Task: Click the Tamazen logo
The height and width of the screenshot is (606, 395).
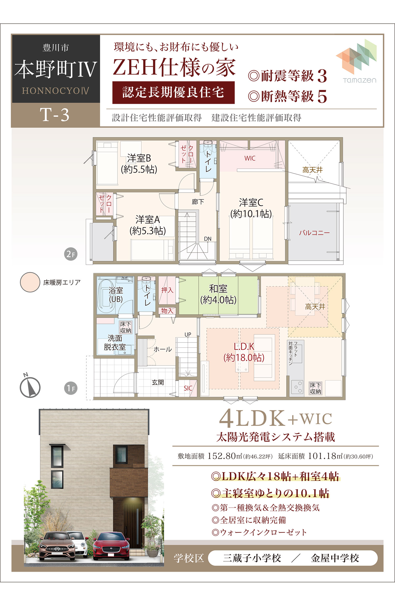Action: click(x=356, y=61)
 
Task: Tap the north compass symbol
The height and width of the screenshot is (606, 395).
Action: click(x=30, y=386)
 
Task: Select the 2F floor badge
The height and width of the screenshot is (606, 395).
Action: click(x=71, y=254)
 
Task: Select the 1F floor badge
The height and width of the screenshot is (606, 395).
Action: click(x=71, y=388)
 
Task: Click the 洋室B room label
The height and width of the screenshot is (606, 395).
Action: click(x=139, y=164)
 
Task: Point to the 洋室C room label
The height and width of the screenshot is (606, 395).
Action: click(x=251, y=208)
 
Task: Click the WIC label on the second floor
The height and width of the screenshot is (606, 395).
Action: click(x=250, y=158)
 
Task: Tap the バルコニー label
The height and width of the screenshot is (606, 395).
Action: click(x=314, y=233)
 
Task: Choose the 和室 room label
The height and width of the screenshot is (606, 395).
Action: click(x=218, y=294)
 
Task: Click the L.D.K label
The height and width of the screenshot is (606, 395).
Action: click(x=244, y=352)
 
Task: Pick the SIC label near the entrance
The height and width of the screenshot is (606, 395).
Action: click(x=188, y=388)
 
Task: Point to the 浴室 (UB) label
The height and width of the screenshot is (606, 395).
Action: click(x=116, y=295)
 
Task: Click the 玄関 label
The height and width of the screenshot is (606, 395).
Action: click(x=158, y=382)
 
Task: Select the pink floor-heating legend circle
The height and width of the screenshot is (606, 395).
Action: click(x=30, y=282)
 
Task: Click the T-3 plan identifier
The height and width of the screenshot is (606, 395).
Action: click(x=55, y=115)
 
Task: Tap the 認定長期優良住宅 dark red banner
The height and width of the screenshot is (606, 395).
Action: click(x=174, y=92)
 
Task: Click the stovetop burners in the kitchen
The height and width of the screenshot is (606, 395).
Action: click(x=297, y=387)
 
